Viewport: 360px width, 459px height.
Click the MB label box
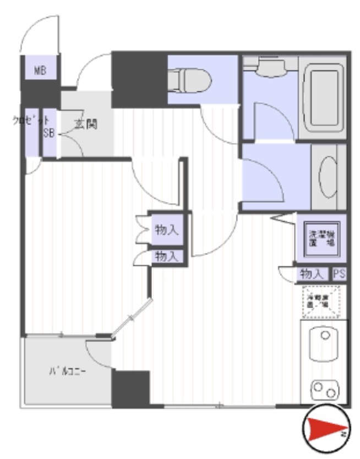39,70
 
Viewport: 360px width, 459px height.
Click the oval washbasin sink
328,178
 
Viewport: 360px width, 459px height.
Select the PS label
339,274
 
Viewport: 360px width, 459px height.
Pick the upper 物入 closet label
166,230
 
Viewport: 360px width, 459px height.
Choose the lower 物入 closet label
166,256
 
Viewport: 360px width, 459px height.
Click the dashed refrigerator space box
322,301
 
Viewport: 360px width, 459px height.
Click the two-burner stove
323,390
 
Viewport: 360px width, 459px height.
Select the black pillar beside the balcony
130,389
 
